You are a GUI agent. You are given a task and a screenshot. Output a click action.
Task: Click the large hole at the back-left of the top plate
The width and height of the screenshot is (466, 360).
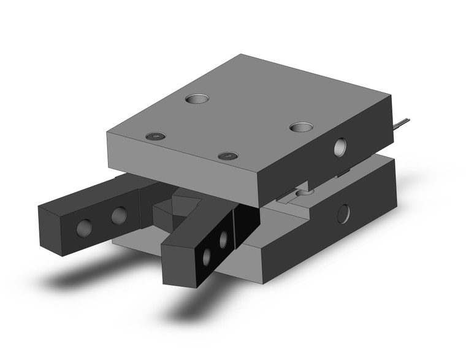[x=197, y=98]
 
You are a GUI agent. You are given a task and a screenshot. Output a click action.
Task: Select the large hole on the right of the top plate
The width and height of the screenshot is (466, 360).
[x=300, y=127]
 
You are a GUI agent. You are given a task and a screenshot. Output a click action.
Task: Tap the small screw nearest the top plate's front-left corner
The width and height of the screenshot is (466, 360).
[x=156, y=135]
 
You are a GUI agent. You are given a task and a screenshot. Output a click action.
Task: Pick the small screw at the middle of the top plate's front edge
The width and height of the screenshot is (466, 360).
[x=227, y=156]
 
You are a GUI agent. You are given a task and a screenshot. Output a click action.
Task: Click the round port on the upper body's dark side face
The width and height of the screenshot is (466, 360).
[x=340, y=147]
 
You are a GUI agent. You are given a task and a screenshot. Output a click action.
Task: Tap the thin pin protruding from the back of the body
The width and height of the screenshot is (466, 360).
[x=400, y=124]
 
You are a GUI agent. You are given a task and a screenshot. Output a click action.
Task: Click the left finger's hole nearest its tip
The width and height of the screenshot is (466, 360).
[x=83, y=228]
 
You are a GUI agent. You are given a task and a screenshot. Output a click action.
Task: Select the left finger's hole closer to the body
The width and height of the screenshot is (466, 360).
[x=119, y=215]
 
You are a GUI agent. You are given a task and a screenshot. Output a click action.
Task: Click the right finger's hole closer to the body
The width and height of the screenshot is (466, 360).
[x=224, y=240]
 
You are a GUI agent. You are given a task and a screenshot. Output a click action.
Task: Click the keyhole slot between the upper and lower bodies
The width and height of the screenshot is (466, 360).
[x=299, y=193]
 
